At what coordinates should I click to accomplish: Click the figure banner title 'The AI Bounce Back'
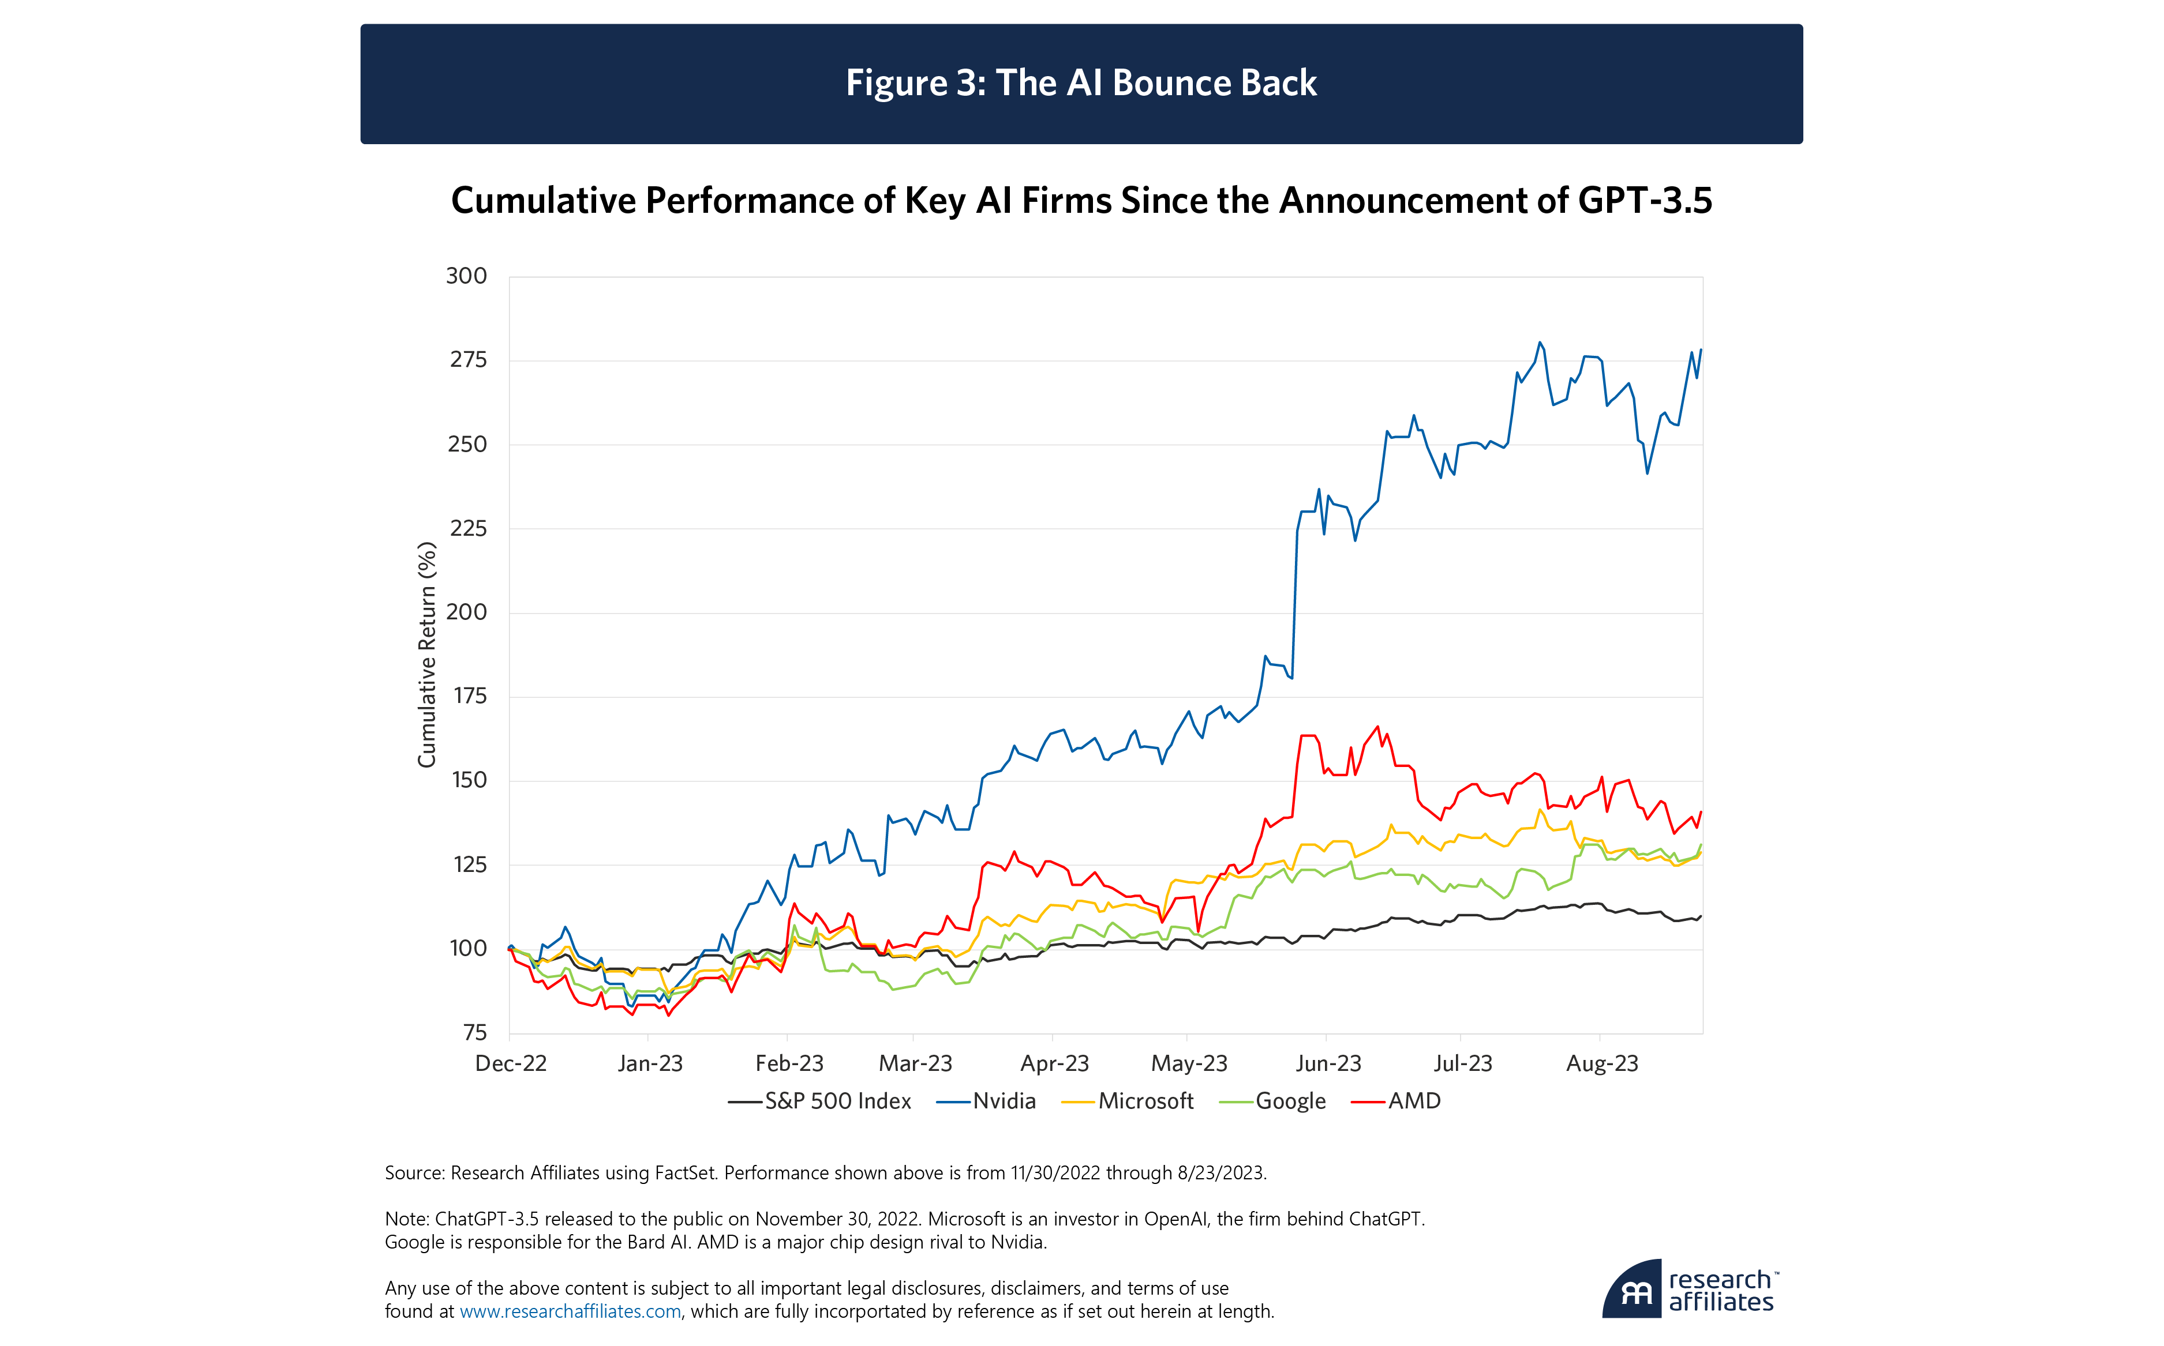tap(1080, 83)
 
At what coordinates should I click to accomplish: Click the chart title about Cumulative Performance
tap(1080, 200)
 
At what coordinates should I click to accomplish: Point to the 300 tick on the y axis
tap(467, 276)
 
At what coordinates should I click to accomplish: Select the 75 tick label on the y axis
tap(476, 1033)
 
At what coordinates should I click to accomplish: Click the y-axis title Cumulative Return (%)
tap(428, 655)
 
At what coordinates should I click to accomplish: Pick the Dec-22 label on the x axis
tap(510, 1064)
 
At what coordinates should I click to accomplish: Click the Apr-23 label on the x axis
tap(1054, 1064)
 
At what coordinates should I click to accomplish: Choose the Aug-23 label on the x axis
tap(1601, 1064)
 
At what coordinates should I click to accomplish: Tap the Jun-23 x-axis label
tap(1328, 1064)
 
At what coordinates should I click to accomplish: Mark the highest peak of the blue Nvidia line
tap(1540, 342)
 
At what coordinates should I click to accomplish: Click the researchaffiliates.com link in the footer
tap(570, 1311)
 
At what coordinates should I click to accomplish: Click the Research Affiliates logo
tap(1689, 1290)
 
